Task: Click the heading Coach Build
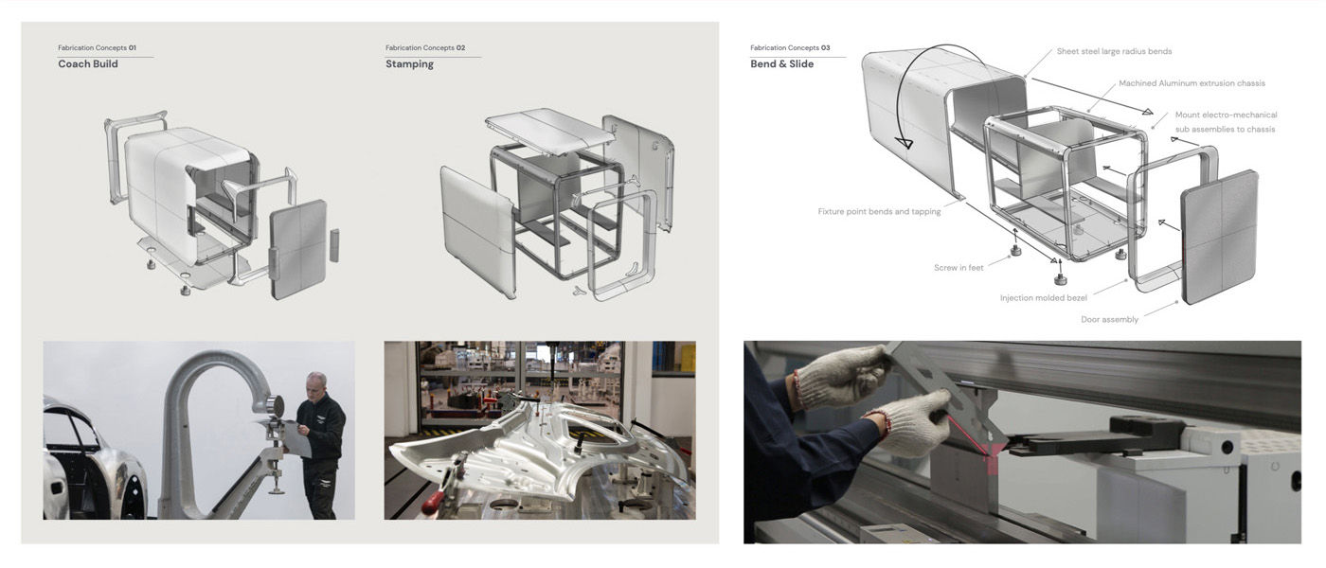88,64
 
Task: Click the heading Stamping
409,64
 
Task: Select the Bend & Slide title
781,64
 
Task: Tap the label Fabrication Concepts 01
97,47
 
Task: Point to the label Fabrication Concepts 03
790,47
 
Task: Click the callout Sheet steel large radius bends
1114,51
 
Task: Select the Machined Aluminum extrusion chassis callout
1192,83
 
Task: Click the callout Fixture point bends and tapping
879,212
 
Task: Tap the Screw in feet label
959,268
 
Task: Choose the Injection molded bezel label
1043,298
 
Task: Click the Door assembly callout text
1109,320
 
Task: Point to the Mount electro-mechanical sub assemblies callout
1225,122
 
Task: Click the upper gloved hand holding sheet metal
840,373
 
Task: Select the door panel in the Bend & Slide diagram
1219,237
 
